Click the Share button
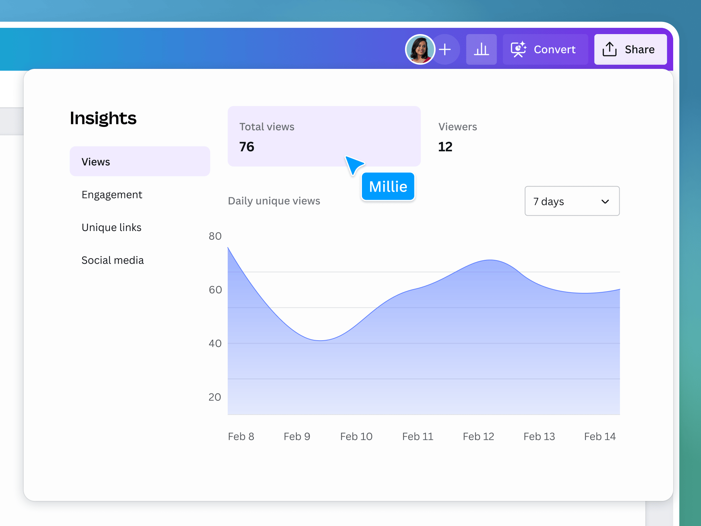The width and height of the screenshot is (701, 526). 630,49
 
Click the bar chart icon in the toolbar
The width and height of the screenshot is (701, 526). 481,49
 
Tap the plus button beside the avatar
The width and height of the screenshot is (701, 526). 445,49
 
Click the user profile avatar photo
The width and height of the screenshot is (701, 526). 420,49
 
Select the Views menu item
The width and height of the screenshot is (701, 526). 140,161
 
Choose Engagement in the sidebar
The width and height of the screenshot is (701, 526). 112,194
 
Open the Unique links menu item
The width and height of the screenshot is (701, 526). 111,228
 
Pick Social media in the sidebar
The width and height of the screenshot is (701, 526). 112,260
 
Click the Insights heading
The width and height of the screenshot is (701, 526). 103,118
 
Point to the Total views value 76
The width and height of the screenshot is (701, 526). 247,147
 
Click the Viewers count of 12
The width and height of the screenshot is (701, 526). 445,147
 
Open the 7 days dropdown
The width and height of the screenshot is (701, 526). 572,201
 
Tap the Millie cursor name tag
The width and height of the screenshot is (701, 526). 388,187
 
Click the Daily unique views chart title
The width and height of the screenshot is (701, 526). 274,201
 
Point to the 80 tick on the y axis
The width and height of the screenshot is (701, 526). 215,236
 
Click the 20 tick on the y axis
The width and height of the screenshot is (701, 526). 215,397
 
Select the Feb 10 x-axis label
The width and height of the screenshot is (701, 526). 356,436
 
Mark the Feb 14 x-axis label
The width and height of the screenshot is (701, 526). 600,436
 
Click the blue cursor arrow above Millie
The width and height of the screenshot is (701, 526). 354,164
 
